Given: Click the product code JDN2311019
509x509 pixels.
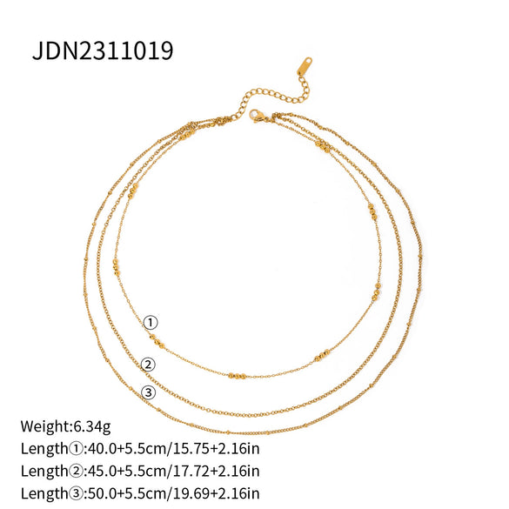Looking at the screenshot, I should pyautogui.click(x=103, y=50).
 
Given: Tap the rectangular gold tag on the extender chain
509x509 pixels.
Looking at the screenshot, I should pyautogui.click(x=308, y=68).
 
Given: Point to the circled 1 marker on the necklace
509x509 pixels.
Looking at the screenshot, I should pyautogui.click(x=151, y=323).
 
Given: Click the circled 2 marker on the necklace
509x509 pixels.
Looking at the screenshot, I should pyautogui.click(x=148, y=365).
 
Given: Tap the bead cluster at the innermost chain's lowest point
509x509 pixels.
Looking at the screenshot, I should pyautogui.click(x=237, y=376).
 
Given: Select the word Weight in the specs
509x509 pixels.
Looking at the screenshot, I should pyautogui.click(x=43, y=426).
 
